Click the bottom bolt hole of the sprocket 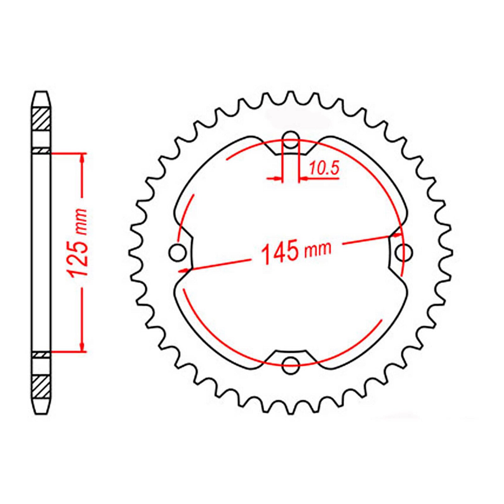coord(290,365)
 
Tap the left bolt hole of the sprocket coord(177,252)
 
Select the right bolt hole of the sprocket coord(404,252)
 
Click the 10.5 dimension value coord(324,169)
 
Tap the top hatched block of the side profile coord(41,118)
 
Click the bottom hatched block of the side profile coord(41,387)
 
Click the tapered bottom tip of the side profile coord(41,409)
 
